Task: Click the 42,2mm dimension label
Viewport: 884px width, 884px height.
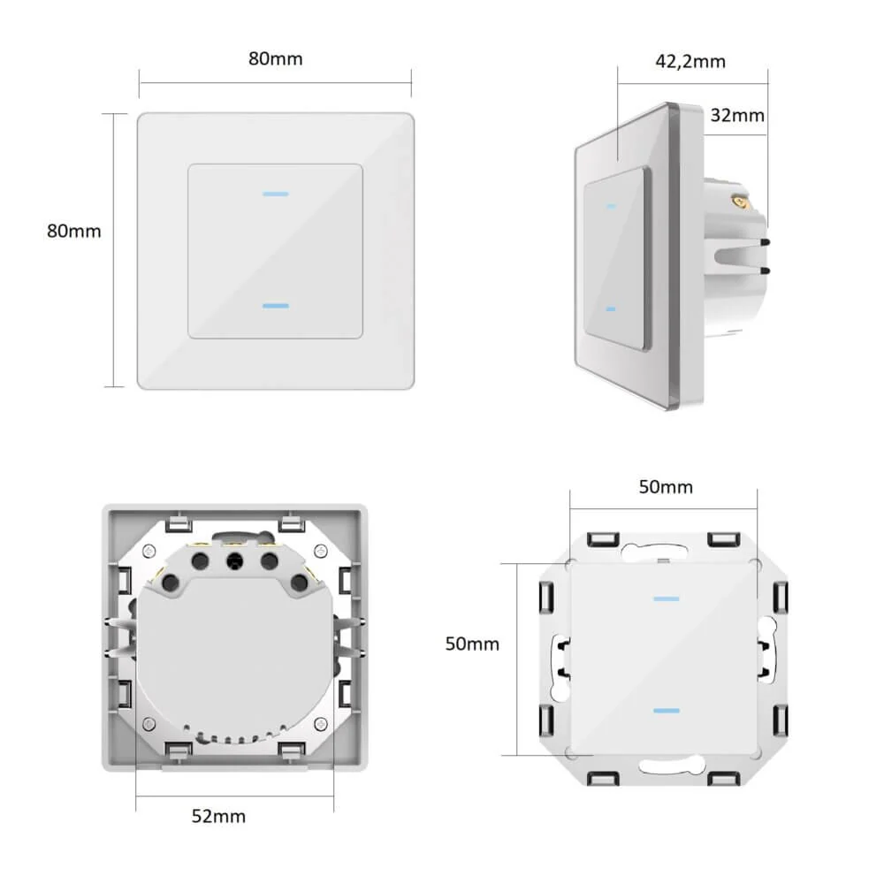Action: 690,61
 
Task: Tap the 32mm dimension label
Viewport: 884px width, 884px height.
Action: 737,115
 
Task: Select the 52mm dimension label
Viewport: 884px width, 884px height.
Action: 218,816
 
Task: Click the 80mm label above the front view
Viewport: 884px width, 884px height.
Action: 276,58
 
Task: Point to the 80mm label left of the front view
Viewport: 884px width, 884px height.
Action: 74,231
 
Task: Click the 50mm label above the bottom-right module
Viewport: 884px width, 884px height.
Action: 666,487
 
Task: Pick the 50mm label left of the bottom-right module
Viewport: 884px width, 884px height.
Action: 472,644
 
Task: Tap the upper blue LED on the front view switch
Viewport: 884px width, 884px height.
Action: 276,194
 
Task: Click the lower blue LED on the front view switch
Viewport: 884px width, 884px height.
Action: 276,306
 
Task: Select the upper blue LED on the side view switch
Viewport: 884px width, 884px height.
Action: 611,206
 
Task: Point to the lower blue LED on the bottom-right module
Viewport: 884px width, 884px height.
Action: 667,711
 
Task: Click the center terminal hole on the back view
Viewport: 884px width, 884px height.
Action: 234,561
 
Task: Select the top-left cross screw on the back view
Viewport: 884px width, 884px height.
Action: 149,551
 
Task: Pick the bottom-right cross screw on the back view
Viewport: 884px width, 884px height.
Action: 320,723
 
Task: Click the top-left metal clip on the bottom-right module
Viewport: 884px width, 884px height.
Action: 603,540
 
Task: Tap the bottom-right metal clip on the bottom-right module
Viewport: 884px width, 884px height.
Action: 724,778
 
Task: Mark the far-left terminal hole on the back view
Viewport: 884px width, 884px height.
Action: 170,583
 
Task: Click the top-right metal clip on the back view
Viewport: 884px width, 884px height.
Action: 292,522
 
